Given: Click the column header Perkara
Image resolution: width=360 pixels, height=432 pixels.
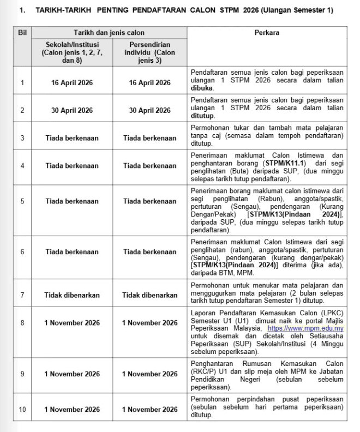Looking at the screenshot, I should tap(267, 33).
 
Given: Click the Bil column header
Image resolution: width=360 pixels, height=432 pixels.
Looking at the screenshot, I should tap(22, 33).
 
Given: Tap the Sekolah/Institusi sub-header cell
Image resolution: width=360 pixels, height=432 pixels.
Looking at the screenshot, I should tap(72, 52).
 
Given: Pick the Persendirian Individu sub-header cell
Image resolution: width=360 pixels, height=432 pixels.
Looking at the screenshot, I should tap(149, 52).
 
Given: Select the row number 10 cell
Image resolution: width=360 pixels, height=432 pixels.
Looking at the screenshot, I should tap(22, 409).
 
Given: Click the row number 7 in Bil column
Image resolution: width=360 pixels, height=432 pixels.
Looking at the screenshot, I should tap(22, 295).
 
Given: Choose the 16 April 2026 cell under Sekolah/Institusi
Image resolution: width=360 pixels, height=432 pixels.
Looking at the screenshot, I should tap(72, 83).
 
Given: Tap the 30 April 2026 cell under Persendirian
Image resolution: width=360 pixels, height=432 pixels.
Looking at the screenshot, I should tap(149, 111).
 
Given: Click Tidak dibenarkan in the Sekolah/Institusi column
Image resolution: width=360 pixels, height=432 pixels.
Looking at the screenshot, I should tap(72, 295).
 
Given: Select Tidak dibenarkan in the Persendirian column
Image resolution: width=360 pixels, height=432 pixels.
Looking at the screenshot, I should tap(149, 295).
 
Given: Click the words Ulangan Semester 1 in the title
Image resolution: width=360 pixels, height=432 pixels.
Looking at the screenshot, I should tap(302, 10).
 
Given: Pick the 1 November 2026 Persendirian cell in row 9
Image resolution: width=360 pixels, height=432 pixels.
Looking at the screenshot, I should tap(149, 374).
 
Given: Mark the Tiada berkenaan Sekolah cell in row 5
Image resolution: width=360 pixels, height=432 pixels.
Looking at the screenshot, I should tap(72, 201).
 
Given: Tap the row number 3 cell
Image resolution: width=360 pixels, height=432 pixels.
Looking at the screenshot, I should tap(22, 138).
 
